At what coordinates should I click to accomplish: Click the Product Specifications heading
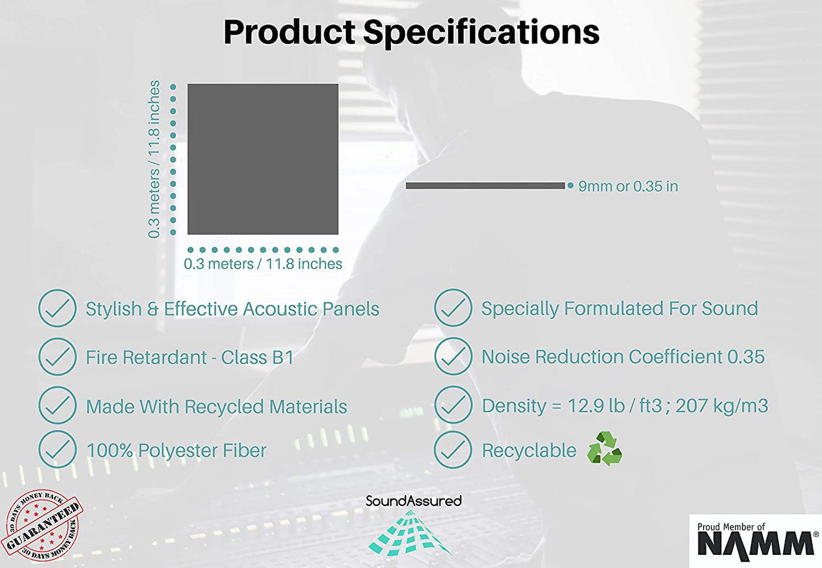[411, 32]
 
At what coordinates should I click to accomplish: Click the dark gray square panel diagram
[263, 159]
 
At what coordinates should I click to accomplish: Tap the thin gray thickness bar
[485, 186]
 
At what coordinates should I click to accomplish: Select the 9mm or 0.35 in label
[628, 186]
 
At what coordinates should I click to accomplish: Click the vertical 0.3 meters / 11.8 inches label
[154, 159]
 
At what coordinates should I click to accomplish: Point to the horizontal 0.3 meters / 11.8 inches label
[263, 264]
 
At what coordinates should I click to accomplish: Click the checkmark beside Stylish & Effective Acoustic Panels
[57, 308]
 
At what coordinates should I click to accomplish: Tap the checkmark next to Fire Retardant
[57, 357]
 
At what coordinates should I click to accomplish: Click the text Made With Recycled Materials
[216, 407]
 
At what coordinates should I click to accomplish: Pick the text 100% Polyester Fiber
[176, 450]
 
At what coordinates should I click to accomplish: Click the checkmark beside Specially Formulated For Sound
[453, 308]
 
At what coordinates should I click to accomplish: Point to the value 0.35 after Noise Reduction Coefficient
[746, 356]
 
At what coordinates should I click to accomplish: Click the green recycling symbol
[604, 449]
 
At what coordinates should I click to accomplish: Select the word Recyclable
[529, 450]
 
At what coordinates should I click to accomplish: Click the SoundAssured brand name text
[414, 501]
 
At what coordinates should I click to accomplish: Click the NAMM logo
[755, 541]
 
